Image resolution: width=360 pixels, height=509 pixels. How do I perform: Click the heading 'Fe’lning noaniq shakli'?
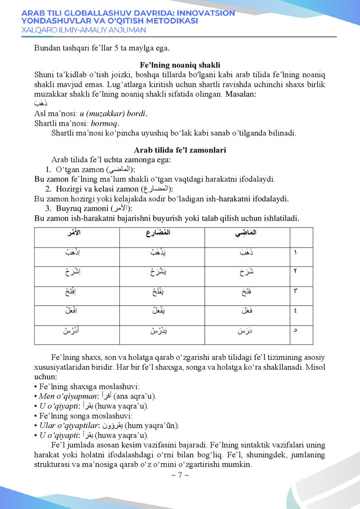coord(180,66)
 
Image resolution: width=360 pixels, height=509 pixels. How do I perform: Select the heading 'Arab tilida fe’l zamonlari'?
coord(180,150)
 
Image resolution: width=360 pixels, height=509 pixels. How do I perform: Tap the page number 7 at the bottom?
coord(180,475)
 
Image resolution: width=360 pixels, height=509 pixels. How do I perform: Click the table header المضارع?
coord(155,233)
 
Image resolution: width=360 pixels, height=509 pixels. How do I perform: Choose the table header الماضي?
coord(245,233)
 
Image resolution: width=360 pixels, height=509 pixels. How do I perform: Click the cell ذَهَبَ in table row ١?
coord(245,253)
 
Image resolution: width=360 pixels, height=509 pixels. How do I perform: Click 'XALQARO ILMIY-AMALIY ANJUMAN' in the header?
coord(84,30)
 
